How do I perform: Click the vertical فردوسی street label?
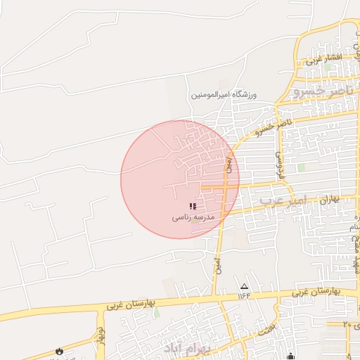[x=279, y=163]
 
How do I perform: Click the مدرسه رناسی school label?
[x=193, y=218]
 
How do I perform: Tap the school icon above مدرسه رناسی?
[x=193, y=206]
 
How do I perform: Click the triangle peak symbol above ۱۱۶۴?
[x=245, y=286]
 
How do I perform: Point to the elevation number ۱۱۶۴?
[x=244, y=295]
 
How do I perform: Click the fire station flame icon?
[x=58, y=351]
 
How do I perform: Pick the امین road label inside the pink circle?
[x=228, y=165]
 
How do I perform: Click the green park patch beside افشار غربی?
[x=327, y=66]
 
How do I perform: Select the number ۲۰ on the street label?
[x=346, y=324]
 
